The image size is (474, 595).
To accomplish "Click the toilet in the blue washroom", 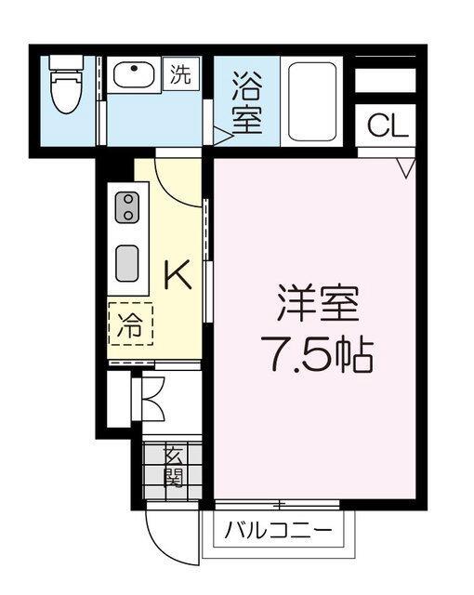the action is [66, 85].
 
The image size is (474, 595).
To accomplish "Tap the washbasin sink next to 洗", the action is [134, 74].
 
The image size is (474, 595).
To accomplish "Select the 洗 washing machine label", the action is [180, 73].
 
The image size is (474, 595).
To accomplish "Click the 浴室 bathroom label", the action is [247, 102].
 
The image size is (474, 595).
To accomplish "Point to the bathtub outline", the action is [312, 101].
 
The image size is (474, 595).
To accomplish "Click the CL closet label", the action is [388, 126].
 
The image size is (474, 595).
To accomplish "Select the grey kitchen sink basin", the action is [127, 263].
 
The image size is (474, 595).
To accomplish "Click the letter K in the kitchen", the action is [177, 274].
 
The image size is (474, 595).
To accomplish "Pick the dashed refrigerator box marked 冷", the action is [130, 324].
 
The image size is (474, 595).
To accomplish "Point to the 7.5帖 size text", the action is [317, 353].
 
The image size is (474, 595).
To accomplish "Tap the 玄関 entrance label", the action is [173, 467].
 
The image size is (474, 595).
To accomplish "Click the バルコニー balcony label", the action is [278, 530].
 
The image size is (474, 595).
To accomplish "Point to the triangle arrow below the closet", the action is [406, 168].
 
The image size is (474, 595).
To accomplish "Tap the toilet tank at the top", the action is [66, 62].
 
